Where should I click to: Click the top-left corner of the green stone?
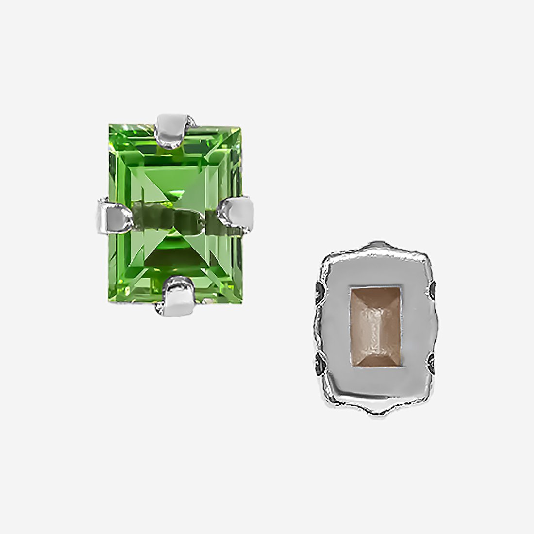[110, 126]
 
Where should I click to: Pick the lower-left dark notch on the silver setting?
[320, 362]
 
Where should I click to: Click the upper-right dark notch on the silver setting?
[433, 291]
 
